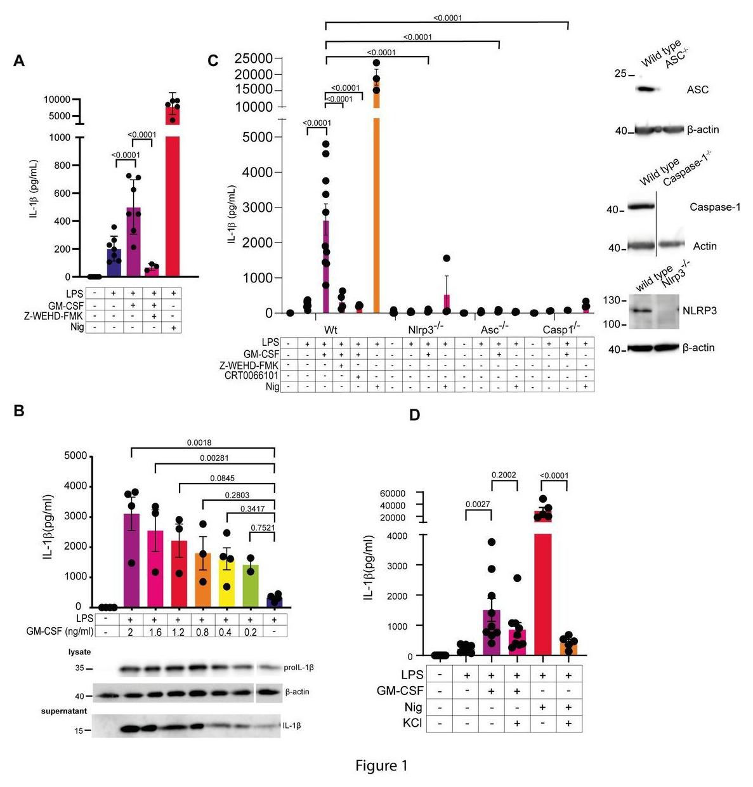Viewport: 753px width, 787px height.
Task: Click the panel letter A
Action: pyautogui.click(x=19, y=61)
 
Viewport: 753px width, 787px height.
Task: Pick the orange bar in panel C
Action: pyautogui.click(x=376, y=209)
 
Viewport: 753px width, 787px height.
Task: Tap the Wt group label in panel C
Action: pyautogui.click(x=331, y=330)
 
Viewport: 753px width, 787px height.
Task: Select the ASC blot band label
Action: pyautogui.click(x=697, y=89)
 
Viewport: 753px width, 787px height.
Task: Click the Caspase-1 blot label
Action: pyautogui.click(x=715, y=207)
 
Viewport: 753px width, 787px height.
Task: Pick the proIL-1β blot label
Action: pyautogui.click(x=299, y=668)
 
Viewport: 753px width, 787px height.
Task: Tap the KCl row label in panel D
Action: pyautogui.click(x=412, y=723)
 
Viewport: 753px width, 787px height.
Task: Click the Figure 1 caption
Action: pyautogui.click(x=381, y=765)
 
